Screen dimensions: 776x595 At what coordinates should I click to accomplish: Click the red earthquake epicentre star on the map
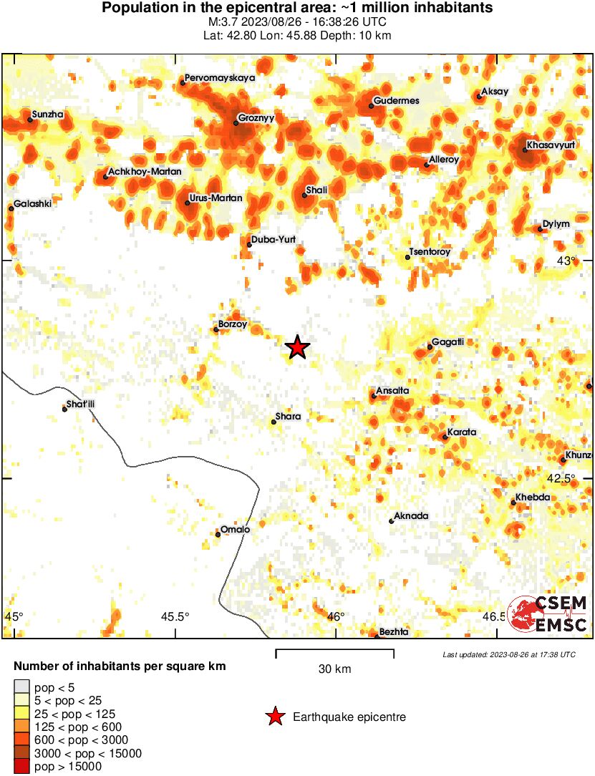(297, 347)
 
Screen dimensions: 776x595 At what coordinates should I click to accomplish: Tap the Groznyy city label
(256, 117)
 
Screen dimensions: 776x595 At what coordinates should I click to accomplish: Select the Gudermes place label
(396, 101)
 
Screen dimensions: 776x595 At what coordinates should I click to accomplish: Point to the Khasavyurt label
(551, 145)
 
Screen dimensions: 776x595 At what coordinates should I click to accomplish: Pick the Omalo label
(236, 529)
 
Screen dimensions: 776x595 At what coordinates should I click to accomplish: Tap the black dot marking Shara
(274, 422)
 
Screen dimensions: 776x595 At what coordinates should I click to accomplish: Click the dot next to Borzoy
(216, 330)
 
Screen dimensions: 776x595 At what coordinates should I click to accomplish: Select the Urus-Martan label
(216, 198)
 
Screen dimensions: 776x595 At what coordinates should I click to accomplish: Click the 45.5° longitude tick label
(175, 616)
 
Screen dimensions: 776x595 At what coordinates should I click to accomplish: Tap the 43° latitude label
(566, 261)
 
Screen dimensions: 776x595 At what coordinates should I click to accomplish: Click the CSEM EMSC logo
(548, 615)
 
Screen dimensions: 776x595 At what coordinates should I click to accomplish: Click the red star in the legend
(274, 717)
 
